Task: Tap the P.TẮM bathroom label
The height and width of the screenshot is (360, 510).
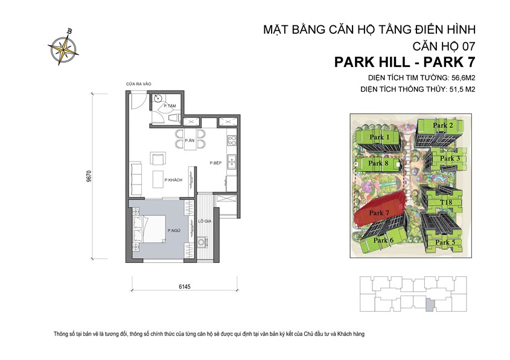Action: coord(169,106)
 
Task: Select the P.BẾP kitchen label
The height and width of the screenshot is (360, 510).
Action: coord(216,163)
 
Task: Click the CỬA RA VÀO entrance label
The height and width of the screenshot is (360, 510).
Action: coord(138,84)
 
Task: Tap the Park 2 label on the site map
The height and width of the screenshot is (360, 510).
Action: coord(442,125)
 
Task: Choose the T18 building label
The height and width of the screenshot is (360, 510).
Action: coord(446,203)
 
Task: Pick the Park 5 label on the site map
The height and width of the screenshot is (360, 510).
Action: coord(445,242)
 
